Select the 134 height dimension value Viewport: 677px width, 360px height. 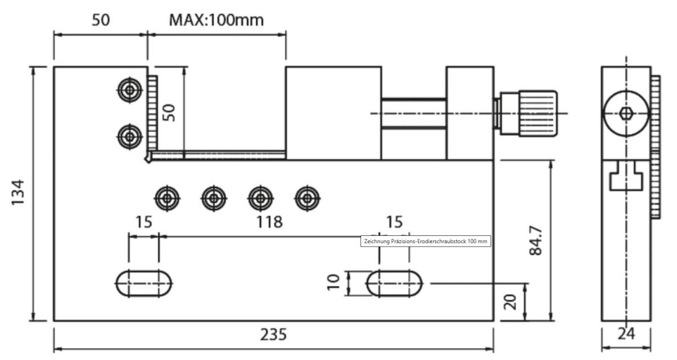pos(19,194)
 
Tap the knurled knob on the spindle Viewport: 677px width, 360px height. pos(534,113)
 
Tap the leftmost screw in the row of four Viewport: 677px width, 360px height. pos(168,197)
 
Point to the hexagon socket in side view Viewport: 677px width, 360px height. pos(625,113)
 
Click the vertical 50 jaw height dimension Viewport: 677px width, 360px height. pos(170,112)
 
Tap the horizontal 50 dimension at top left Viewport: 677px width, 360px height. pos(100,20)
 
